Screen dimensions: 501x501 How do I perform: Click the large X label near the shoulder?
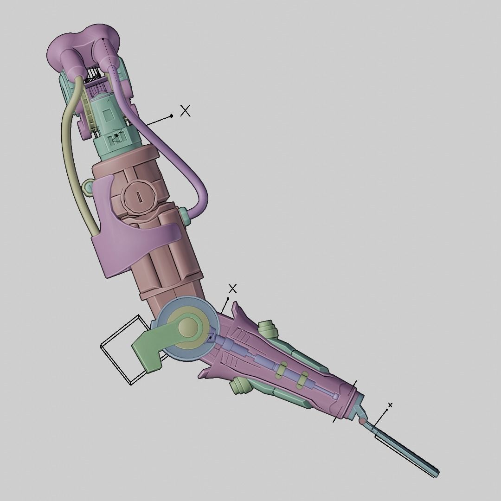(x=185, y=110)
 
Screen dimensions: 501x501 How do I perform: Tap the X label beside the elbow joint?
(x=232, y=289)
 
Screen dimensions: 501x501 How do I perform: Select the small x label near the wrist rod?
(x=390, y=405)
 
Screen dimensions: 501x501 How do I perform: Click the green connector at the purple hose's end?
(x=184, y=217)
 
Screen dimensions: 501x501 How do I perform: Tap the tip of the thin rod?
(x=436, y=474)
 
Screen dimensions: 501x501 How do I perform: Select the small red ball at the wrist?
(x=362, y=421)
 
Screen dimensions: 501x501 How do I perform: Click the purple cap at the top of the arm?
(x=83, y=44)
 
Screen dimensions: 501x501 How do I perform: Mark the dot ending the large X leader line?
(x=171, y=116)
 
